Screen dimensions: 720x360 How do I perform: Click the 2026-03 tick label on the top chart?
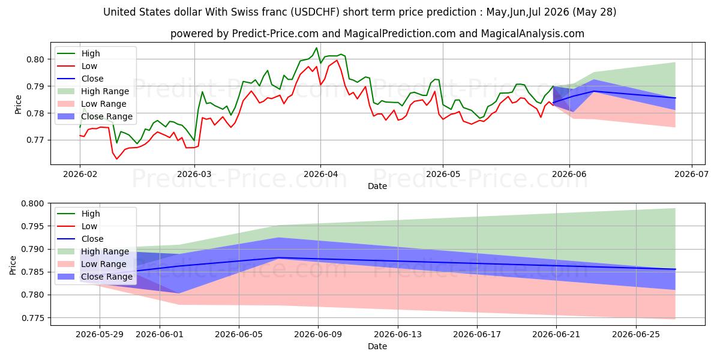pos(194,174)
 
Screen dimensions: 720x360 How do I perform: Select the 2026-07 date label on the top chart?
pos(691,174)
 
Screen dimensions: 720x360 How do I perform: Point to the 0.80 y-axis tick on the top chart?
pos(35,59)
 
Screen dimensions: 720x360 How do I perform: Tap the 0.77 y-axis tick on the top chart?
pos(35,140)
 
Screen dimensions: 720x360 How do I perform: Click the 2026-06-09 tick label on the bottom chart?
pos(318,335)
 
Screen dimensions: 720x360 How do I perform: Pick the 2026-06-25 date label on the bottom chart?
pos(636,335)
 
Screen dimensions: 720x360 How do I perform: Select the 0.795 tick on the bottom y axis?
pos(33,226)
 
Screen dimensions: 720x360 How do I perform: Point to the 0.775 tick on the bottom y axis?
pos(33,318)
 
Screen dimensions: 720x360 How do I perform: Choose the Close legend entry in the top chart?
pos(80,79)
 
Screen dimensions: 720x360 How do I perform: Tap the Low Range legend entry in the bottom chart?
pos(92,264)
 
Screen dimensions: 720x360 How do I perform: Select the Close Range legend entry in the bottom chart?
pos(95,277)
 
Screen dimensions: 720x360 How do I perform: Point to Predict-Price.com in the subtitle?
pos(275,34)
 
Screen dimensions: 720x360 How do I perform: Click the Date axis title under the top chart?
pos(377,186)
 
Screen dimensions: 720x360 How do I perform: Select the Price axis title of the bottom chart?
pos(13,265)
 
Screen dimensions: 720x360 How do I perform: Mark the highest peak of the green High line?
pos(316,48)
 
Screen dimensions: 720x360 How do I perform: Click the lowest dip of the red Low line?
pos(116,159)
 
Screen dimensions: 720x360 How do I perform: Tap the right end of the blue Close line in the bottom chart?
pos(675,269)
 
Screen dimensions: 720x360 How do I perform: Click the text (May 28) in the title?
pos(595,12)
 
